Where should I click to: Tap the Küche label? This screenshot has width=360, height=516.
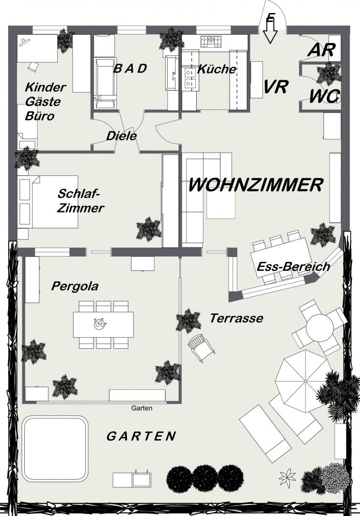[x=217, y=69]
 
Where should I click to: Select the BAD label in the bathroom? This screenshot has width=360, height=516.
[x=130, y=68]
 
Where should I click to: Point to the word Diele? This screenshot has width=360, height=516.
[x=121, y=136]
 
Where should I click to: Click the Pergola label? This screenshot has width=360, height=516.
[x=75, y=286]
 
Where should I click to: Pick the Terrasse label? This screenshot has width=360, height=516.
[x=236, y=318]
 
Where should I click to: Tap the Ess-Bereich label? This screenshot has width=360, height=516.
[x=293, y=266]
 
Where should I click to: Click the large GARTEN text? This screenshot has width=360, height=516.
[x=141, y=436]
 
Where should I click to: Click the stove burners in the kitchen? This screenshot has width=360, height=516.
[x=211, y=41]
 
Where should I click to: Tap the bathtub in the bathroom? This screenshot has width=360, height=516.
[x=105, y=84]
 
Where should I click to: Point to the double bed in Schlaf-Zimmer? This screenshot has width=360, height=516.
[x=49, y=202]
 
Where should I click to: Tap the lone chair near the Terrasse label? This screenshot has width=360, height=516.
[x=201, y=348]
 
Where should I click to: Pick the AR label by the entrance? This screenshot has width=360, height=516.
[x=321, y=50]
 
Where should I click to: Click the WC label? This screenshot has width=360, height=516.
[x=324, y=97]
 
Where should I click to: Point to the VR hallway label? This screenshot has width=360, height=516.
[x=276, y=86]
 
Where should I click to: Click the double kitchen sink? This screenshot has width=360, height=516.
[x=190, y=77]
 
